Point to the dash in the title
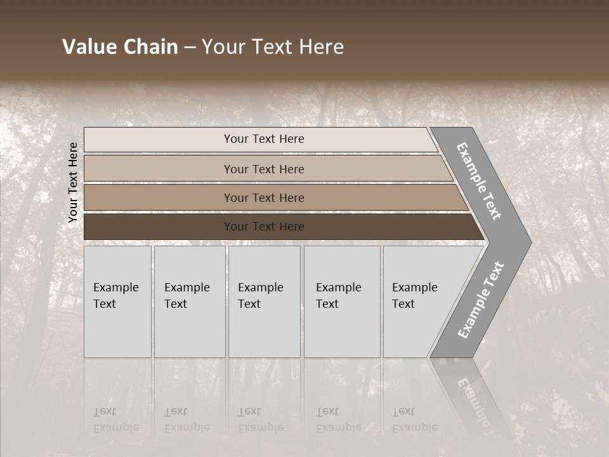point(190,48)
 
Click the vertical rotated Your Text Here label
point(73,182)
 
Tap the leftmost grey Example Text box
point(117,301)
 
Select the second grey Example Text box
point(190,301)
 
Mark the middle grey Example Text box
point(264,301)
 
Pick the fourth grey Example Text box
point(342,301)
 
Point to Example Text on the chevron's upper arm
point(479,181)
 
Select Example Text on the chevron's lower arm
point(480,300)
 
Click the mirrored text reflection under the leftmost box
point(115,420)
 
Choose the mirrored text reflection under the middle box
point(260,420)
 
